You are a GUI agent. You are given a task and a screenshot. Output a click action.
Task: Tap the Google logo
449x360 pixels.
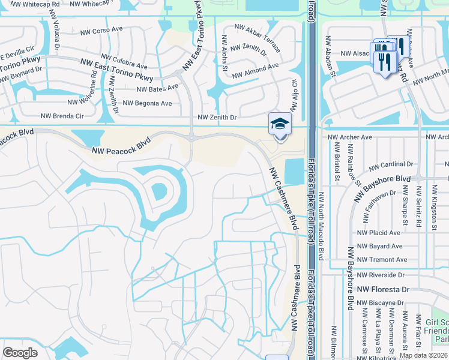(20, 353)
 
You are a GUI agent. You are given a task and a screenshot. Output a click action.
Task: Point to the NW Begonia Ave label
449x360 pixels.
(147, 103)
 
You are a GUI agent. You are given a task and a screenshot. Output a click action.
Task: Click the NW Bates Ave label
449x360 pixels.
(158, 88)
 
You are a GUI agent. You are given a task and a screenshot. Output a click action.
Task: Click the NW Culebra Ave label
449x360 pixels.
(124, 61)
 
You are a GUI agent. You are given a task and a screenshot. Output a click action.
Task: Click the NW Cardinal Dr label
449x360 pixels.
(391, 165)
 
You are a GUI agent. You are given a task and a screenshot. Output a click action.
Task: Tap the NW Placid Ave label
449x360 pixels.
(378, 233)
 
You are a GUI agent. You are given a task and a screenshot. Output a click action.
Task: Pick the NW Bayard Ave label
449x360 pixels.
(379, 246)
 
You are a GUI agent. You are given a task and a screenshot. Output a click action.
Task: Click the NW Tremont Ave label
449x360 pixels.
(382, 260)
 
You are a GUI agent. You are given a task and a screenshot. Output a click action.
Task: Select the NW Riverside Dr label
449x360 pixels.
(381, 275)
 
